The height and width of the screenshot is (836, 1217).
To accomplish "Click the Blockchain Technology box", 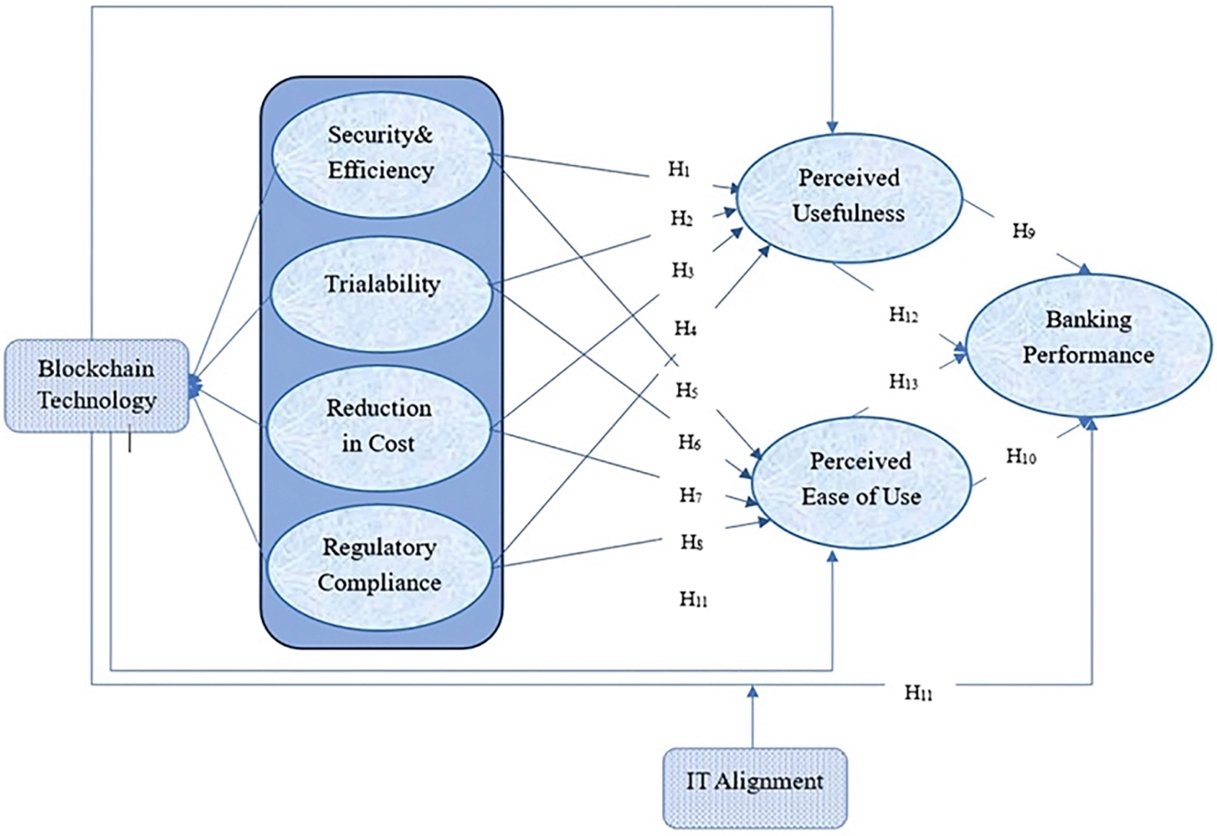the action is click(x=97, y=386).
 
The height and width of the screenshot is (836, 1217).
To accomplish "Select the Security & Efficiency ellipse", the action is click(x=381, y=154).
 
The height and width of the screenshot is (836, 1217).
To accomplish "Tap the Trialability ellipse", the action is click(x=381, y=294).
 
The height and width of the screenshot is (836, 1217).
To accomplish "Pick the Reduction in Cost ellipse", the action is click(x=379, y=428).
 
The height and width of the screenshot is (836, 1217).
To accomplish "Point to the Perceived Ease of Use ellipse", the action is click(x=860, y=481).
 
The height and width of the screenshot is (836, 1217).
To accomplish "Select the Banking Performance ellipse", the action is click(x=1089, y=346).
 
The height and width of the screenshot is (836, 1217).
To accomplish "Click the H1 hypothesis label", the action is click(x=679, y=169).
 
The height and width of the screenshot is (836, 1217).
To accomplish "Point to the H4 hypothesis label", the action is click(x=686, y=329).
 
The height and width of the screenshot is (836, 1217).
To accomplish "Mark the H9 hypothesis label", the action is click(x=1024, y=231).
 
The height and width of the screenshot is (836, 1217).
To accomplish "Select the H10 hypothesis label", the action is click(x=1021, y=456).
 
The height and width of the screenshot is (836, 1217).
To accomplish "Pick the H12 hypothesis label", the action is click(x=904, y=315).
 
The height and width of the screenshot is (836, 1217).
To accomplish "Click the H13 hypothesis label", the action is click(x=904, y=382).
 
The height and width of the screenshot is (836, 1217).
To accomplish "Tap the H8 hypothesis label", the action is click(x=692, y=542).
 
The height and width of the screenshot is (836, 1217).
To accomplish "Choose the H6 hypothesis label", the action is click(x=690, y=443).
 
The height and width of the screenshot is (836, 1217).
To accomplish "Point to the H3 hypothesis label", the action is click(x=683, y=270).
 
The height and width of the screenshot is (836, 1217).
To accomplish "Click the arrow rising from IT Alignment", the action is click(x=752, y=716).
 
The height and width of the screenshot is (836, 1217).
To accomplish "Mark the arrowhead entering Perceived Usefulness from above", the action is click(x=832, y=127).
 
